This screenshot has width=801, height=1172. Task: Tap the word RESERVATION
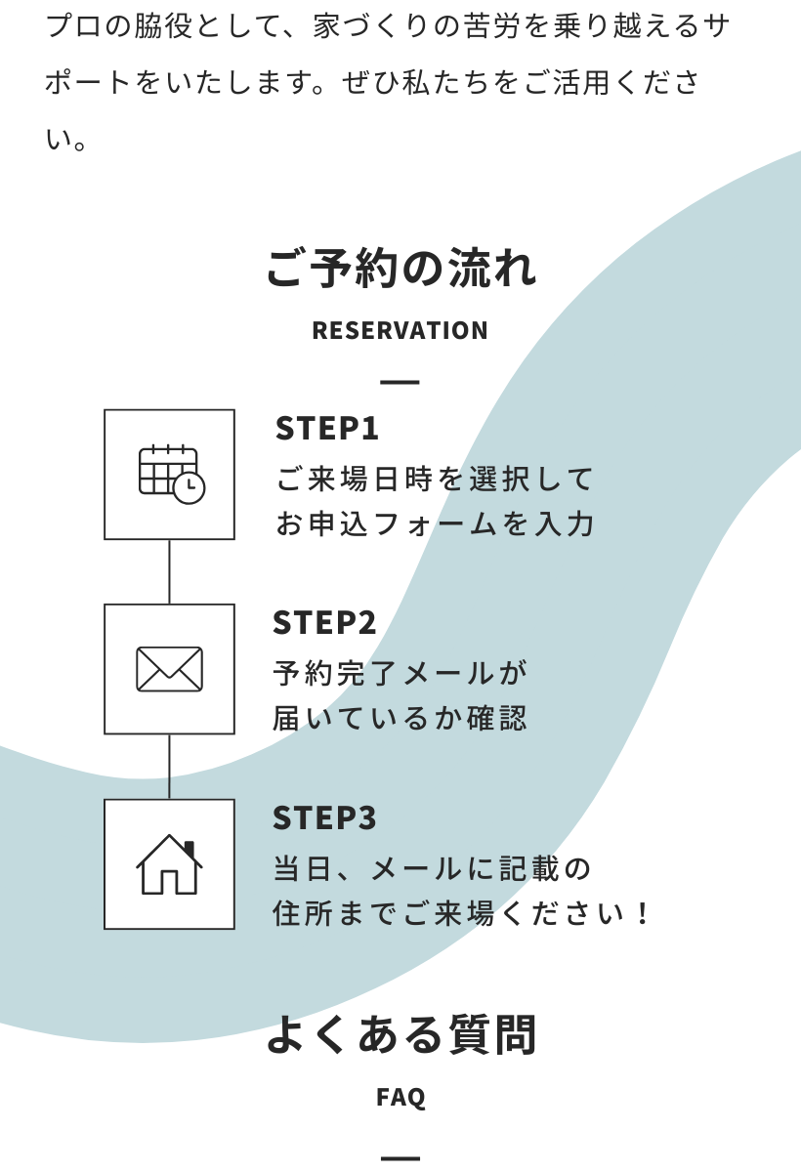click(x=400, y=330)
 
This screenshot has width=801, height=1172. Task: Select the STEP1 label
click(x=326, y=428)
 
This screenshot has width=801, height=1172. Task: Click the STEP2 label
click(x=324, y=622)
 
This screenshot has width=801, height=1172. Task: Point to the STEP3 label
click(x=324, y=817)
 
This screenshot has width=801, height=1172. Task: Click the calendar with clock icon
click(x=170, y=475)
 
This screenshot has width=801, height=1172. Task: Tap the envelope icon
click(x=169, y=669)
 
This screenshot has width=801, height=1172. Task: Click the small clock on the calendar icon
click(x=189, y=486)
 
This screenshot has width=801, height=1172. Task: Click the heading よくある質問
click(x=400, y=1035)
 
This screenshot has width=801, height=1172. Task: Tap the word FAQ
click(x=400, y=1097)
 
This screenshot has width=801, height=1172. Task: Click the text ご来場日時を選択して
click(x=435, y=479)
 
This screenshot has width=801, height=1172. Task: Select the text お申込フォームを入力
click(x=435, y=524)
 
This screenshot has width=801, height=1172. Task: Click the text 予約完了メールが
click(x=400, y=673)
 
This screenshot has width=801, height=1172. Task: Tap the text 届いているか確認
click(x=400, y=719)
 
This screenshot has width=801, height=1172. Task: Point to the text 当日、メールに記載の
click(x=432, y=868)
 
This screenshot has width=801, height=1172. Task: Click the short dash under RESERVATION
click(x=400, y=381)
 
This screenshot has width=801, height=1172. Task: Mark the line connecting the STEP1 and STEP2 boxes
click(x=169, y=571)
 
